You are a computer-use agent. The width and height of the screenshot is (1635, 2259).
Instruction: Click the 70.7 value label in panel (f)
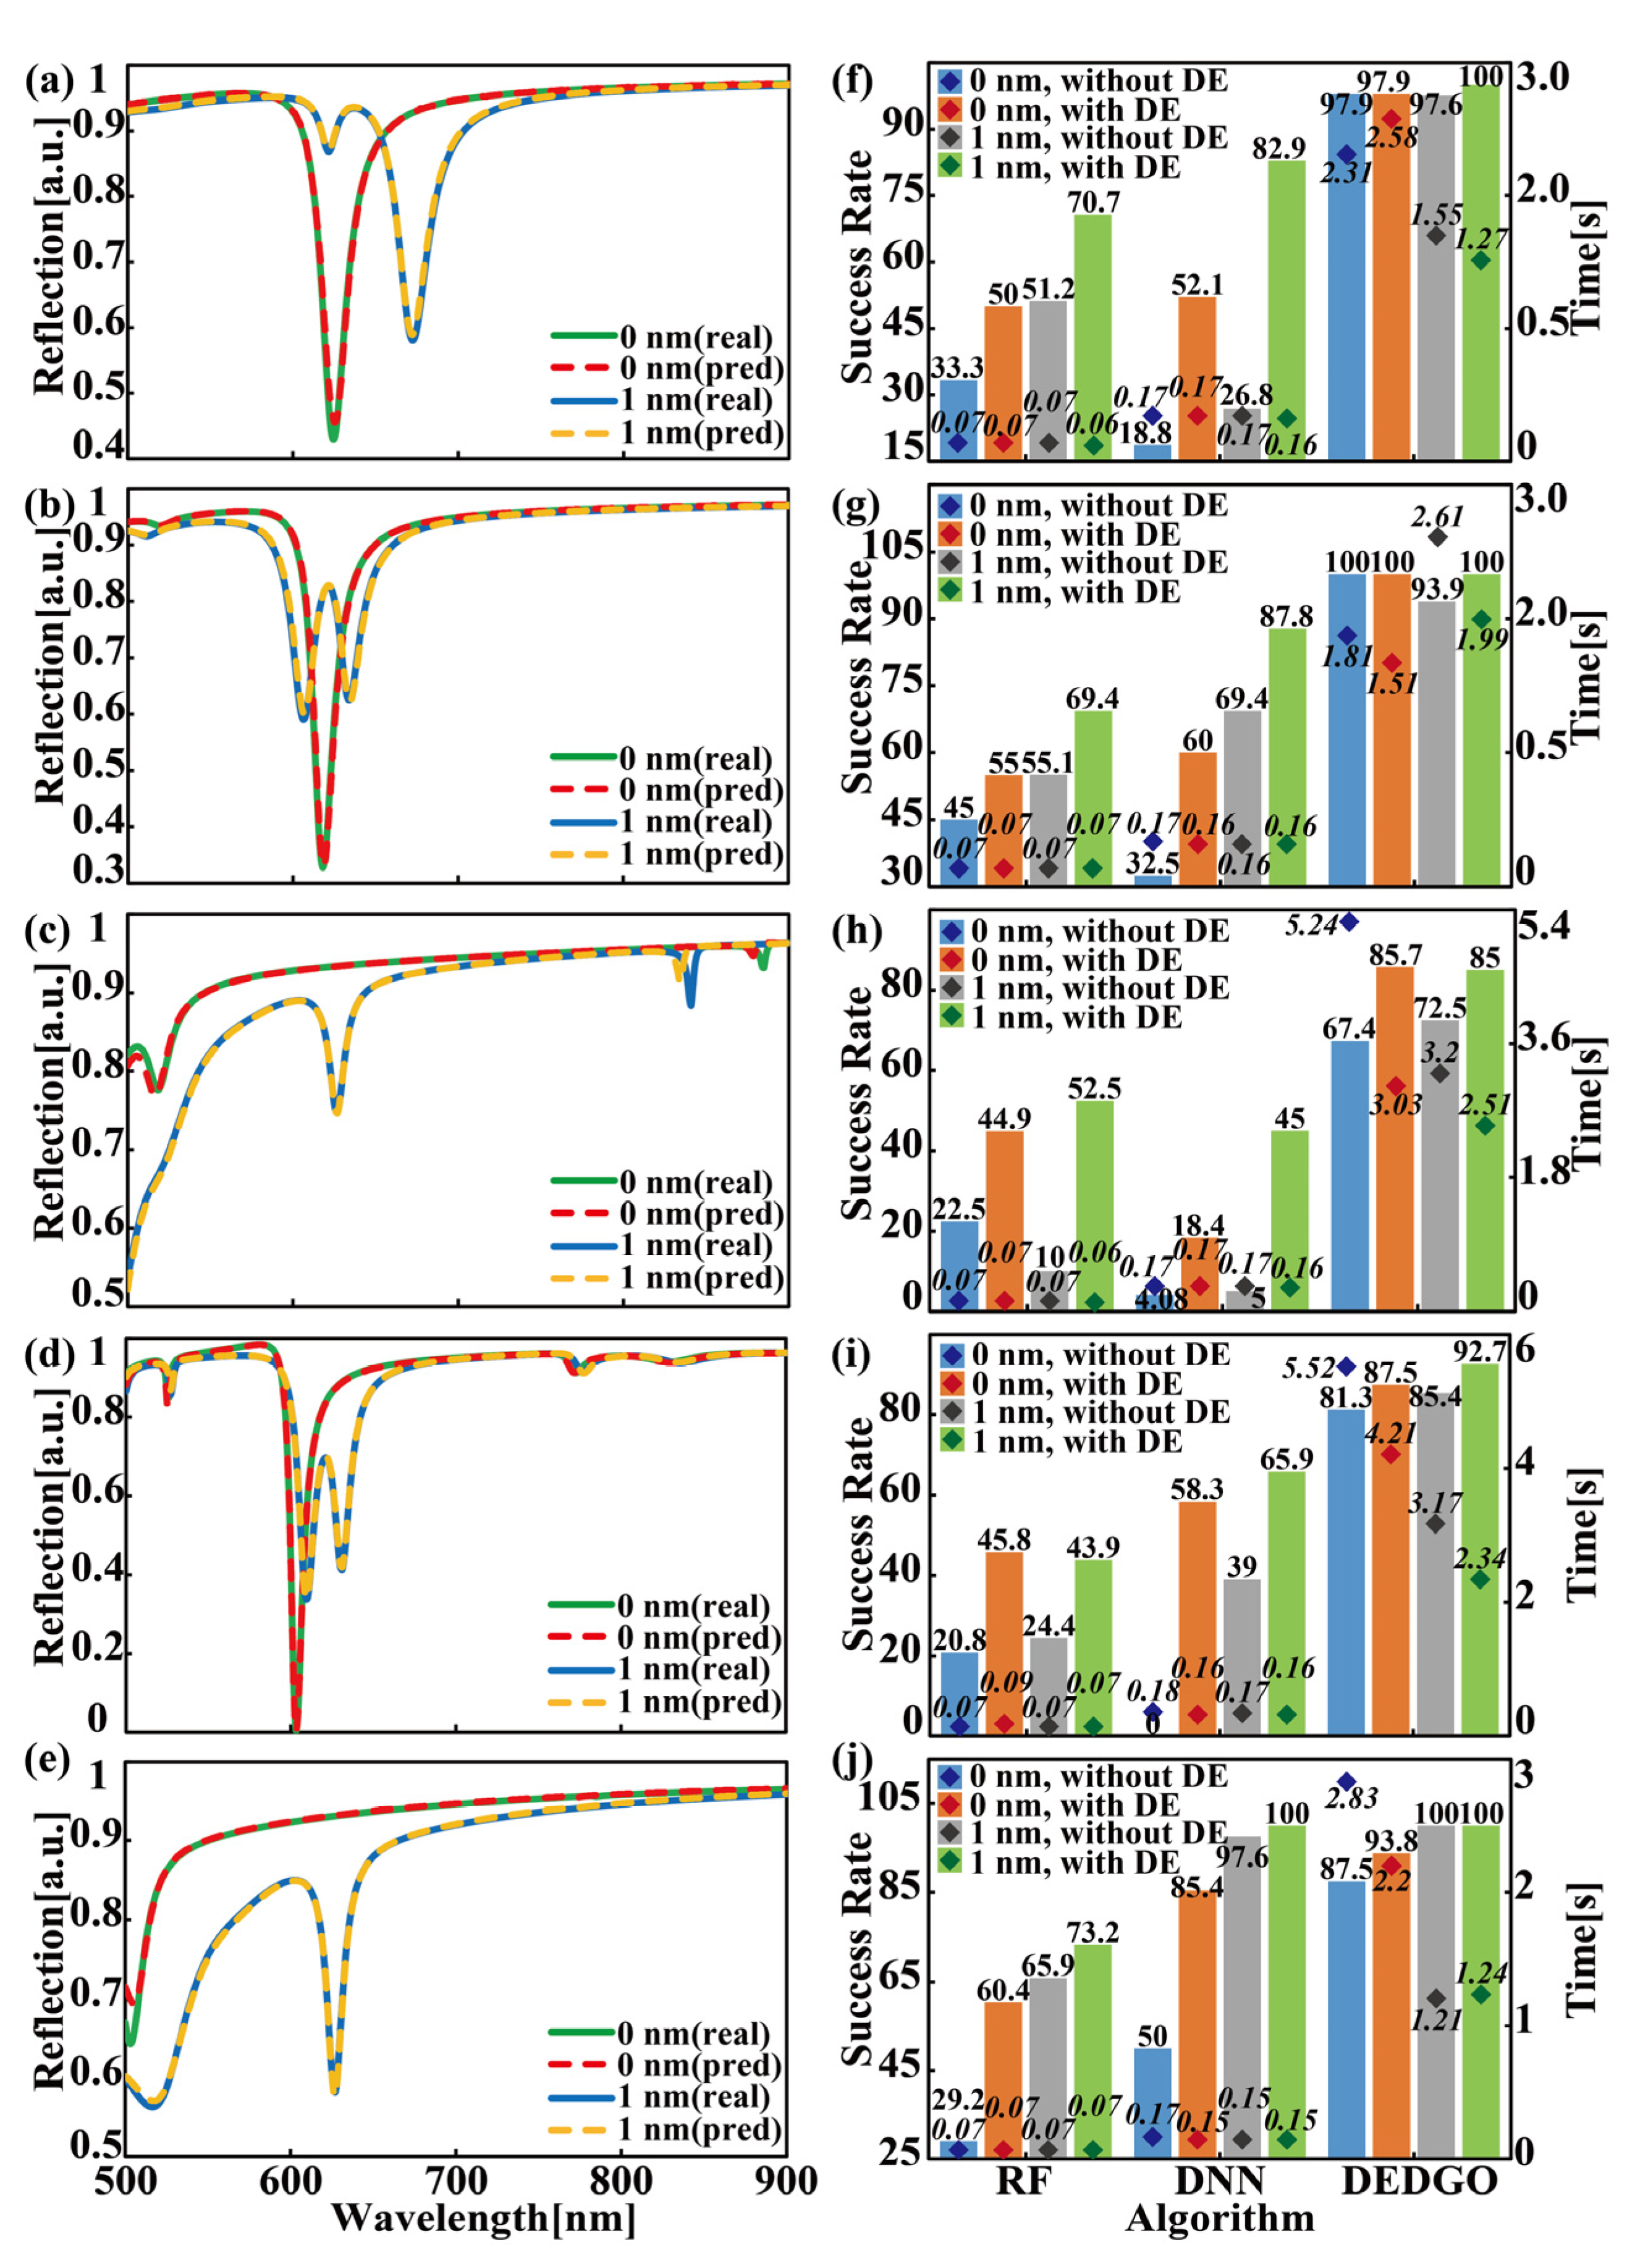(1093, 202)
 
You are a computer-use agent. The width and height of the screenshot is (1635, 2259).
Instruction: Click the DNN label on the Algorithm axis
(1220, 2181)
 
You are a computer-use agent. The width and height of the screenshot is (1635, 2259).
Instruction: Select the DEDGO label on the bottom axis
(1417, 2181)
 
